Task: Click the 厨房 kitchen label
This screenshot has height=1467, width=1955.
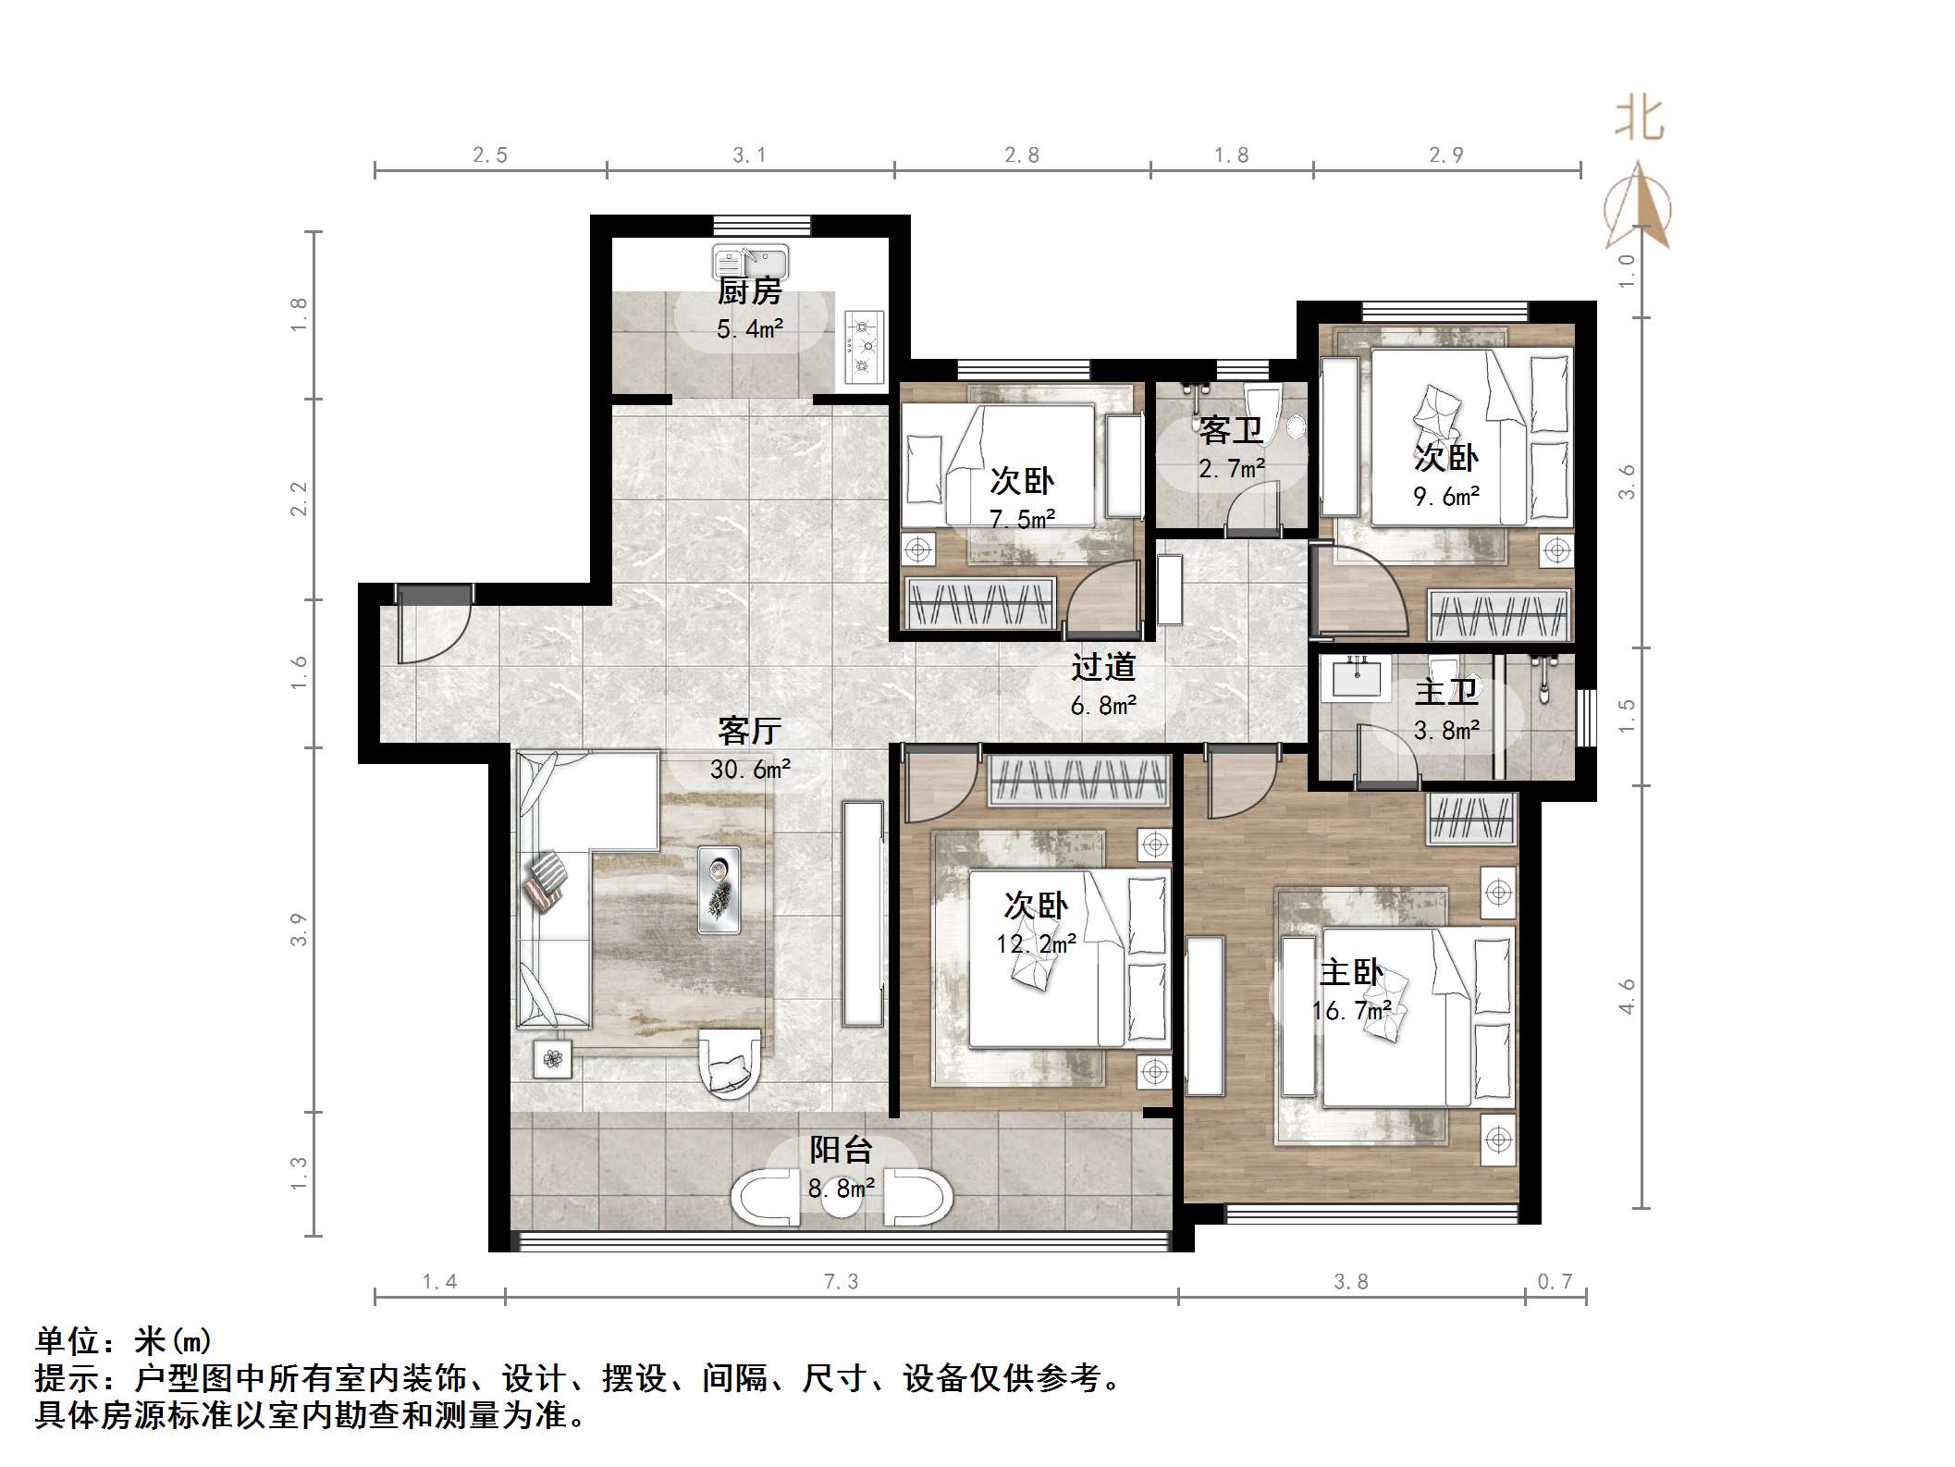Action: [x=750, y=291]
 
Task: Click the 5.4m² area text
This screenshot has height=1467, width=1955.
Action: [x=750, y=328]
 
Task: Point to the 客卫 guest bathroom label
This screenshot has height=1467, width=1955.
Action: [x=1231, y=430]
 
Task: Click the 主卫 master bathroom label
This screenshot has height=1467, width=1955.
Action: [x=1446, y=692]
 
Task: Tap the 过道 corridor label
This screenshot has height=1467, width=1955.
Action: [x=1103, y=667]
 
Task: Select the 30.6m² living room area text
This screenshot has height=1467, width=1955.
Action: [x=750, y=769]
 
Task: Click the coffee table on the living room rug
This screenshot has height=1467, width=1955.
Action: [x=719, y=889]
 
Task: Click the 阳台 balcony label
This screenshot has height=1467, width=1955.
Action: [x=842, y=1150]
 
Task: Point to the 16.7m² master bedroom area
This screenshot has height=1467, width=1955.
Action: [x=1352, y=1011]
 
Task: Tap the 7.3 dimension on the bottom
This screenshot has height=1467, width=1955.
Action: [x=841, y=1282]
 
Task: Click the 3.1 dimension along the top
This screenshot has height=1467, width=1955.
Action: [x=749, y=155]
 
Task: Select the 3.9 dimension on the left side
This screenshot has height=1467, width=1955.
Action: [x=298, y=929]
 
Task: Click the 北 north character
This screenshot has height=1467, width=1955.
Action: [x=1640, y=120]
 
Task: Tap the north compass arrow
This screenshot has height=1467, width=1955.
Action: [x=1639, y=205]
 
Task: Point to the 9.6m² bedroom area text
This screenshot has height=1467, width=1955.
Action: [x=1446, y=497]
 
